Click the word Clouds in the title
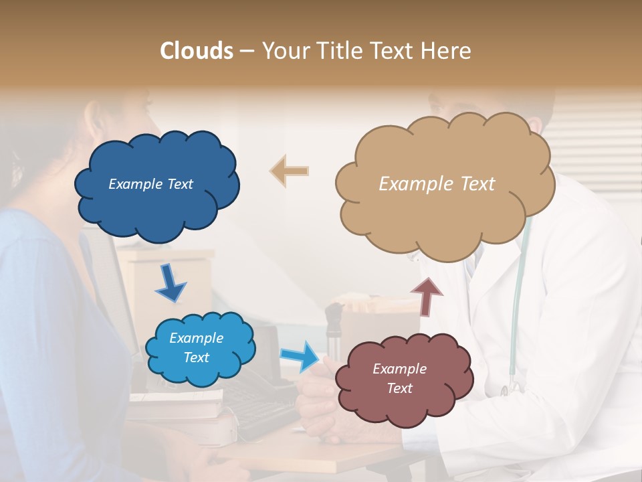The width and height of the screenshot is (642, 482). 197,51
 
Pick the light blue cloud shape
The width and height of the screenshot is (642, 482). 201,368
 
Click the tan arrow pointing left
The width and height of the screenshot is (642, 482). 289,171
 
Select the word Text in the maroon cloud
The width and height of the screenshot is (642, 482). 399,388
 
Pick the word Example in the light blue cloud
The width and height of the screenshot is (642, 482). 196,338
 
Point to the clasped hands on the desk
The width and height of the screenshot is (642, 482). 318,402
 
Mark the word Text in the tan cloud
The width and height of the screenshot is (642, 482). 477,184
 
